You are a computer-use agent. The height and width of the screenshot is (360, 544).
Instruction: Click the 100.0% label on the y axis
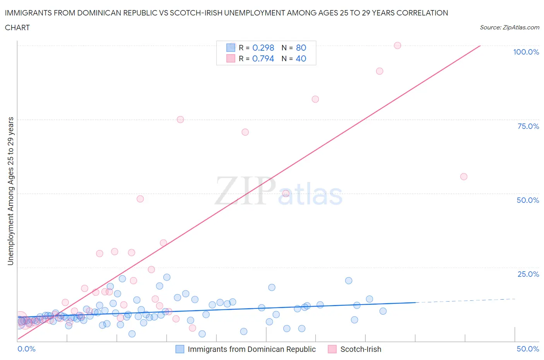coord(526,52)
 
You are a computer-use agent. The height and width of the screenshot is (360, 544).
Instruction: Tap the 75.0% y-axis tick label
coord(528,126)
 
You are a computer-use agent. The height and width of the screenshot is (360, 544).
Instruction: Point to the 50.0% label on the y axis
coord(528,200)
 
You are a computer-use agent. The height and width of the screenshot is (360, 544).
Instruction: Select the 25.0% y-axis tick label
coord(528,274)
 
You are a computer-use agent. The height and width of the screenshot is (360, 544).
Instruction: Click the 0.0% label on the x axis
coord(26,349)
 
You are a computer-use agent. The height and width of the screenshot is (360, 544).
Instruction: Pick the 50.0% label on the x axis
coord(528,349)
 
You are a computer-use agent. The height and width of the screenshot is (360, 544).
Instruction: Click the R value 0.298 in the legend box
coord(263,48)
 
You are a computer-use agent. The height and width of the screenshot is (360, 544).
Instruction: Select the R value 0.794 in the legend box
coord(263,58)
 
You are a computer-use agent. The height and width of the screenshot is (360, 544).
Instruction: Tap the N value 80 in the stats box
coord(301,48)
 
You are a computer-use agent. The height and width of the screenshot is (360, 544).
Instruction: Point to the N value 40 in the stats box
coord(301,58)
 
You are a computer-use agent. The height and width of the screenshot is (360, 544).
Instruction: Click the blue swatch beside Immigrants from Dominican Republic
coord(180,349)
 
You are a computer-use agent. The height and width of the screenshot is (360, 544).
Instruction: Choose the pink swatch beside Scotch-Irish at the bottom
coord(332,349)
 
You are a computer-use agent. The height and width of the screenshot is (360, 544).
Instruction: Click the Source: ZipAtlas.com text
coord(510,27)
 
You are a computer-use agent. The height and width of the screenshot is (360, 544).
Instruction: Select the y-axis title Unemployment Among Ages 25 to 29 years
coord(10,191)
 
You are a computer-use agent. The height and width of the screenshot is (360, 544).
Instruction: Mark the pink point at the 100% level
coord(397,45)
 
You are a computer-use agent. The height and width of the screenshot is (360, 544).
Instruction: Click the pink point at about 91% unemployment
coord(380,71)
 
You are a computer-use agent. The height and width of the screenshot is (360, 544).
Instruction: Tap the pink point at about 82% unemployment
coord(315,99)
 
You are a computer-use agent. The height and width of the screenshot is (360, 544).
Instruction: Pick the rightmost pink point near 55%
coord(464,177)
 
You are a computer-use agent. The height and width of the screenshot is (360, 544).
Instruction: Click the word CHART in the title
coord(17,27)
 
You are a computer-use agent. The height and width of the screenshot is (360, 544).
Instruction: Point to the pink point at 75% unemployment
coord(180,120)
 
